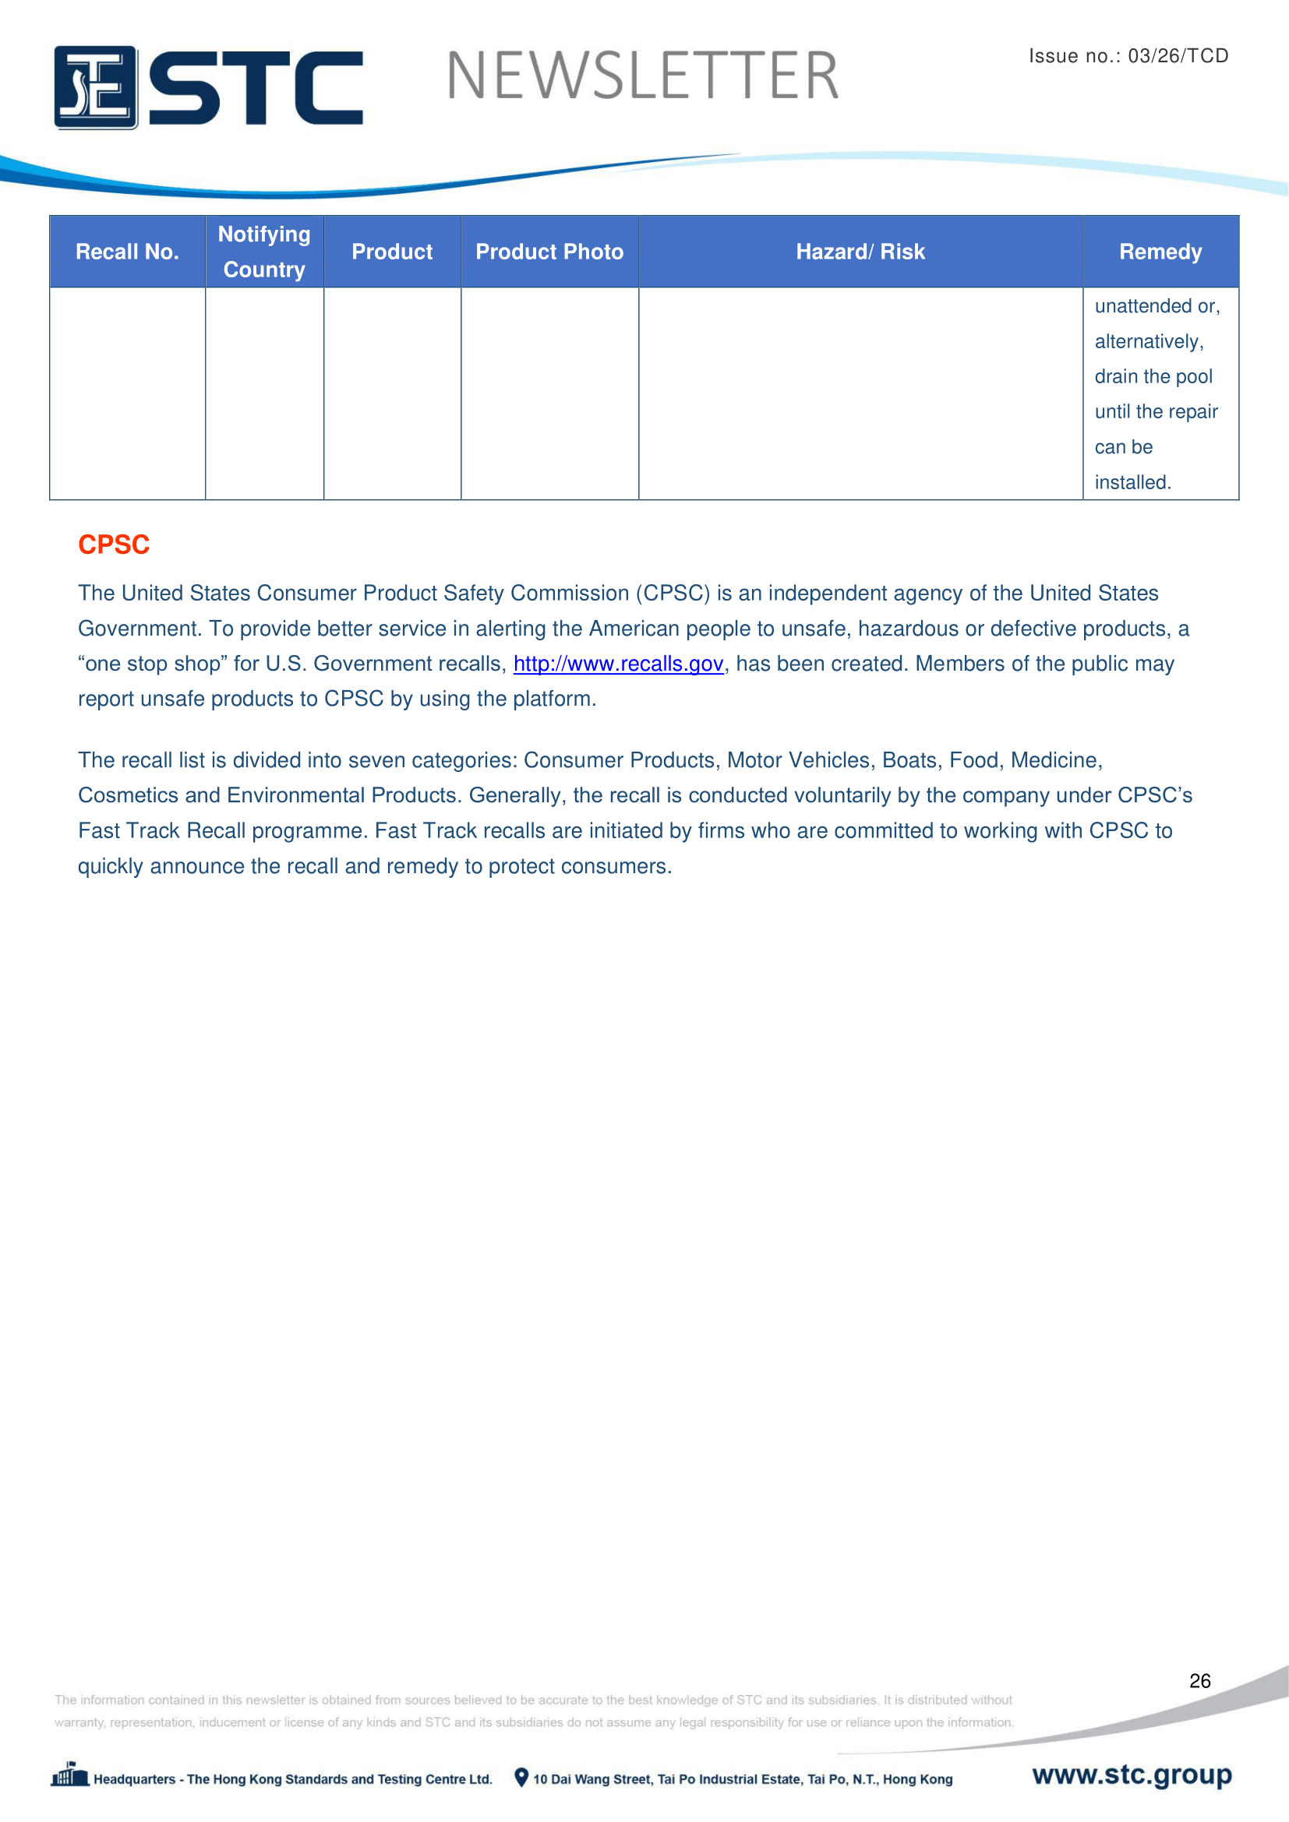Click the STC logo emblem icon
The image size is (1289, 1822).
(x=95, y=87)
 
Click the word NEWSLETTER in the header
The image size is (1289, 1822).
(x=642, y=76)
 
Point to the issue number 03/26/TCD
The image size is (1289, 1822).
(x=1178, y=55)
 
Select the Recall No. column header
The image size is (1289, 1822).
(x=127, y=252)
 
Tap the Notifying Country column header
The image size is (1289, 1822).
(x=264, y=252)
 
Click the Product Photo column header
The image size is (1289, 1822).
(x=549, y=252)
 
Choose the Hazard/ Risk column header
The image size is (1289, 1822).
(x=860, y=252)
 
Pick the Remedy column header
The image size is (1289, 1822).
(x=1160, y=252)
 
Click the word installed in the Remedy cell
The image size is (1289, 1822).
(x=1131, y=482)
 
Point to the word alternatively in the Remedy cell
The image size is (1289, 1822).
(x=1148, y=341)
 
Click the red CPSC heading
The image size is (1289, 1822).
(x=114, y=544)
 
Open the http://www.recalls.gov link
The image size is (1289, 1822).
(x=618, y=664)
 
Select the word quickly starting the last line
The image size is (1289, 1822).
(x=111, y=865)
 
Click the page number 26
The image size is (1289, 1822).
(x=1199, y=1681)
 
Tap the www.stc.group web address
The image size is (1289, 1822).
(x=1132, y=1774)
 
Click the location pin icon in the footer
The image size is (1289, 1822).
(x=521, y=1778)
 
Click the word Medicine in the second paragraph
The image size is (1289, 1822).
(x=1055, y=760)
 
